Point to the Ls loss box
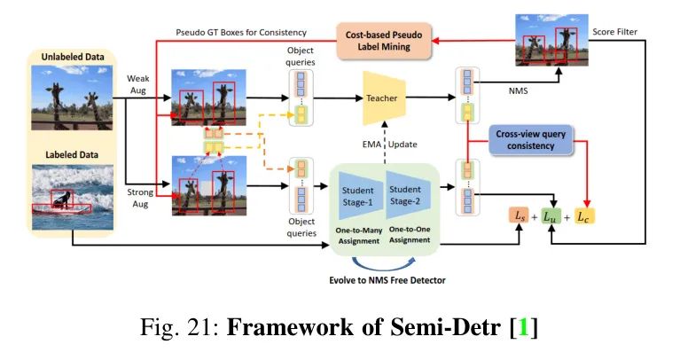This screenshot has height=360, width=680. pos(519,215)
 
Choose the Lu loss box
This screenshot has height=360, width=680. pos(552,215)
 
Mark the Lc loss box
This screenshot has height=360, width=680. pos(586,215)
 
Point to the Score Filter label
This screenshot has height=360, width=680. pos(617,33)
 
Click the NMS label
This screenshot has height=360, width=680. pos(517,89)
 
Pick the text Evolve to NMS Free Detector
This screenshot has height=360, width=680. pos(387,278)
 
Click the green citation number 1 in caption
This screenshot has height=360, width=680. pos(522,330)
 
